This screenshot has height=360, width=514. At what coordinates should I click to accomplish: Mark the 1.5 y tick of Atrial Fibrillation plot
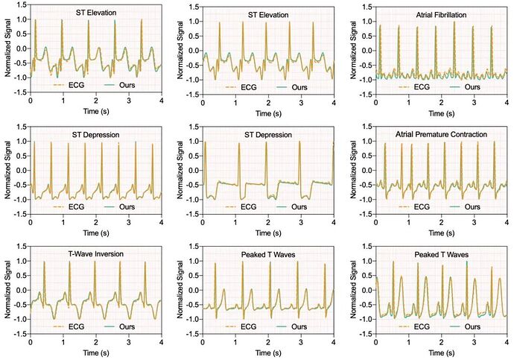point(365,5)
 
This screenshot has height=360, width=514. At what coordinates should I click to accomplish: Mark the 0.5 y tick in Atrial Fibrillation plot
point(365,35)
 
